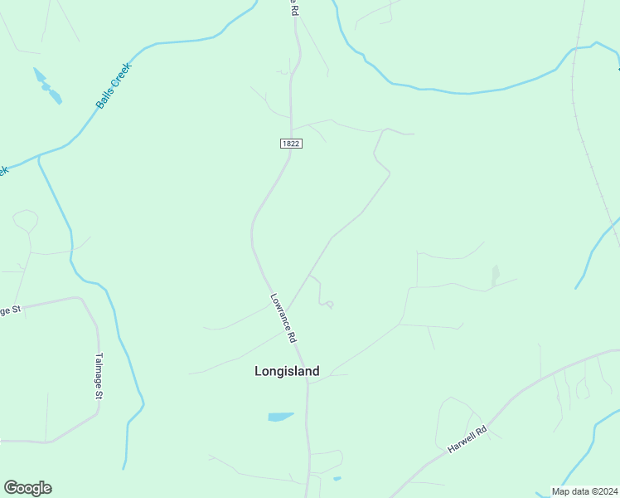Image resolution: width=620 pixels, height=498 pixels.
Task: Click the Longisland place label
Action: pyautogui.click(x=287, y=372)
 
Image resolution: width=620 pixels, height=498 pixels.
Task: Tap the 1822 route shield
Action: pyautogui.click(x=290, y=144)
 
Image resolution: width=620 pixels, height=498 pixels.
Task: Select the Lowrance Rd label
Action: pyautogui.click(x=283, y=318)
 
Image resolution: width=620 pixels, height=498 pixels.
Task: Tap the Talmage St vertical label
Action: pyautogui.click(x=98, y=377)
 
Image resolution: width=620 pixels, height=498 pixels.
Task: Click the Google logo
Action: pyautogui.click(x=27, y=488)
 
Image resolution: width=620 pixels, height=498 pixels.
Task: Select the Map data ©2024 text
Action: pyautogui.click(x=585, y=491)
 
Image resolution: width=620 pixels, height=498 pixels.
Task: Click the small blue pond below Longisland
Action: pyautogui.click(x=280, y=417)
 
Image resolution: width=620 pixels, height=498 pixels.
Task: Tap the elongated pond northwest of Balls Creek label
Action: pyautogui.click(x=48, y=86)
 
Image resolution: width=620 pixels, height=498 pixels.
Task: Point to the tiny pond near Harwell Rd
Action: pyautogui.click(x=337, y=478)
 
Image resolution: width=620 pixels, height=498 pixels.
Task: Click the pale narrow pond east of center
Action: pyautogui.click(x=496, y=275)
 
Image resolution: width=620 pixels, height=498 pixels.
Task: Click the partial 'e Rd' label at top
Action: pyautogui.click(x=292, y=8)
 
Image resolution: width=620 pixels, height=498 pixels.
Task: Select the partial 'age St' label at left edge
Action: pyautogui.click(x=9, y=310)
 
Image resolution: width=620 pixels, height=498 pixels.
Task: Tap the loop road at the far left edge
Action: pyautogui.click(x=25, y=220)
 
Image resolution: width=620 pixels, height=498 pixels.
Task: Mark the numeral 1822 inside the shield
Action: pyautogui.click(x=290, y=144)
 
